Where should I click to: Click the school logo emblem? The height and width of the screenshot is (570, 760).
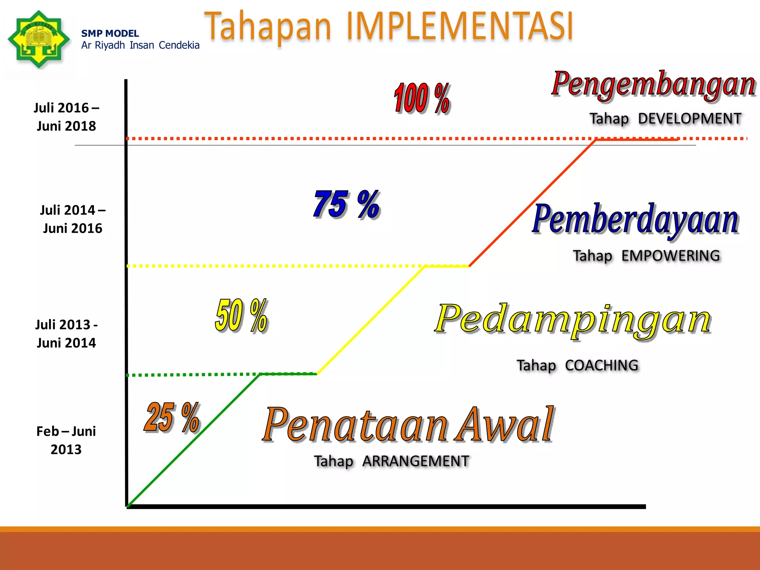39,39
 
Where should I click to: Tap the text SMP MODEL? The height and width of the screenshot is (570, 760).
110,33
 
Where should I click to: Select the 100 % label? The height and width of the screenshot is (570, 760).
422,98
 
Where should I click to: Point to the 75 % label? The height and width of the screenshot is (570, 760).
347,204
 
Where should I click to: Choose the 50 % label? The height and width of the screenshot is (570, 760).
242,315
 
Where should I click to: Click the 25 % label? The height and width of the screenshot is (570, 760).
172,417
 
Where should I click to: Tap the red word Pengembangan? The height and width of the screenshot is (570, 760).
653,84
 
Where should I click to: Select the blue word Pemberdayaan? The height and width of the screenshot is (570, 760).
635,220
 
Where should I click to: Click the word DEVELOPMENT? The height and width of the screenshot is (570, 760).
689,119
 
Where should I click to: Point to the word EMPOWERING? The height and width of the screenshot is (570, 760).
671,256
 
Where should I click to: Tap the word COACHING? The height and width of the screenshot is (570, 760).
602,366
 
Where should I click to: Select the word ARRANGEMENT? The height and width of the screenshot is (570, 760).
416,461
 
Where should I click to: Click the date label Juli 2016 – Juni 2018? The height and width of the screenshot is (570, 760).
66,117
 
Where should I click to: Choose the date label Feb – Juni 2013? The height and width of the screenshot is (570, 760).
66,440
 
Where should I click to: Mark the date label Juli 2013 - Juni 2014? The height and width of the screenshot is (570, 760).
66,334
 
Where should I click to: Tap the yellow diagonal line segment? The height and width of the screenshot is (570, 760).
371,320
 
